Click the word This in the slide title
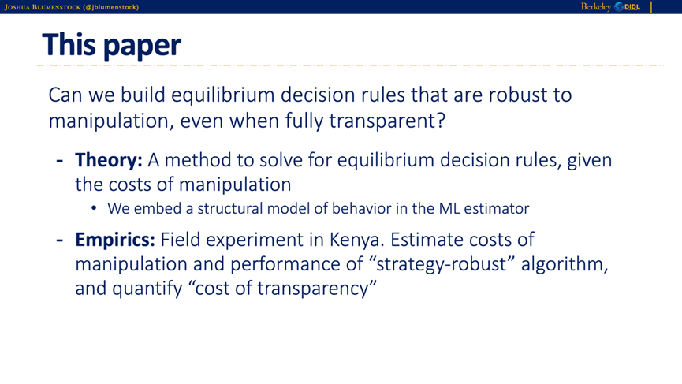point(69,45)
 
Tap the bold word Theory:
point(109,161)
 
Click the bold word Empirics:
point(115,240)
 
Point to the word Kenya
point(356,240)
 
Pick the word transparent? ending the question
point(387,121)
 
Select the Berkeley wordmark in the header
point(596,7)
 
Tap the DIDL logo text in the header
point(632,7)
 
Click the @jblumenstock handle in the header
point(111,7)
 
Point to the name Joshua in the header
point(17,7)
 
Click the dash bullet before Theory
point(60,161)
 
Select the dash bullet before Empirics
point(60,240)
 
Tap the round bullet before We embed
point(94,208)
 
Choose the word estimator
point(497,209)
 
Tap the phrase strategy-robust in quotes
point(442,264)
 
